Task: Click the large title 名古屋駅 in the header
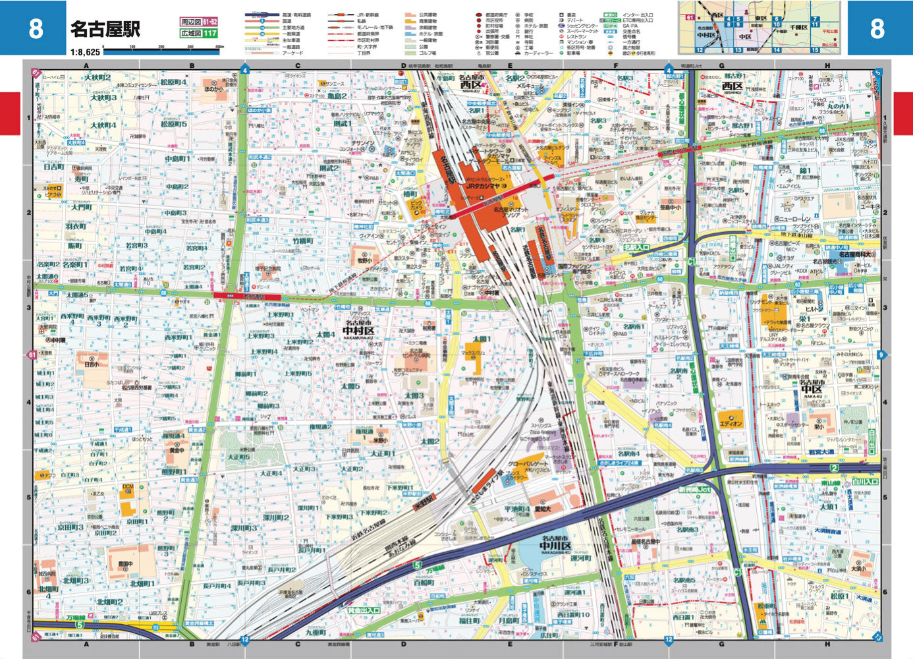(x=105, y=29)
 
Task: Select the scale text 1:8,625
(x=86, y=51)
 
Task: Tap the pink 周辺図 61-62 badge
(x=199, y=22)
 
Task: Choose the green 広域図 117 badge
(x=199, y=33)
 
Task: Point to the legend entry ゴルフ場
(x=427, y=53)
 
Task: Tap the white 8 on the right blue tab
(x=877, y=28)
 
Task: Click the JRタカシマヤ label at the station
(x=484, y=186)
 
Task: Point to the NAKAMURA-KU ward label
(x=358, y=337)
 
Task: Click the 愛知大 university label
(x=542, y=509)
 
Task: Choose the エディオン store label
(x=731, y=424)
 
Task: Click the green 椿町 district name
(x=411, y=194)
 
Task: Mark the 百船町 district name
(x=424, y=583)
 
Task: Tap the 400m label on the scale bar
(x=219, y=47)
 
